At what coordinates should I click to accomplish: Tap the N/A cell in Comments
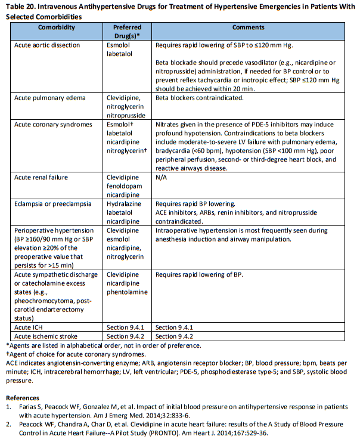[x=162, y=177]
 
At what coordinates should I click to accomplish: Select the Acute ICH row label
[x=31, y=327]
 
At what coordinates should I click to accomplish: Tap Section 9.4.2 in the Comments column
[x=174, y=336]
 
